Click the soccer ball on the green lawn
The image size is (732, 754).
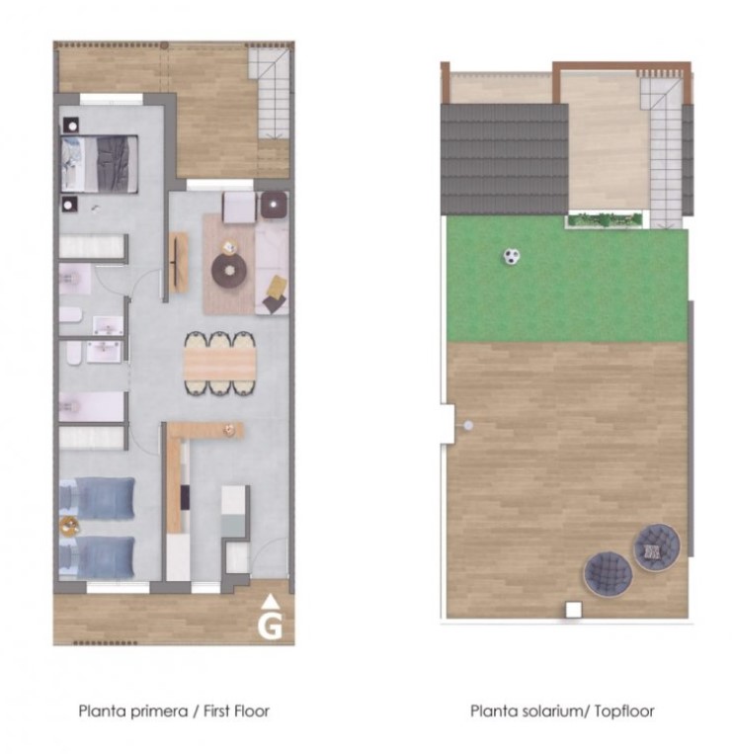[512, 256]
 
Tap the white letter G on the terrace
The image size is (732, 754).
[270, 626]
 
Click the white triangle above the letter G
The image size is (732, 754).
[271, 600]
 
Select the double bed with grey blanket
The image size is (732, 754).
[100, 164]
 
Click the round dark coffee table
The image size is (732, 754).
[229, 270]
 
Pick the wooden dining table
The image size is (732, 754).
[220, 364]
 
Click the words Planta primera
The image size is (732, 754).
[133, 711]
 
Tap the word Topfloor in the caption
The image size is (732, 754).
[624, 711]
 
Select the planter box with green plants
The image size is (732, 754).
[606, 219]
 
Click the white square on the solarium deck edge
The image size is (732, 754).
[573, 610]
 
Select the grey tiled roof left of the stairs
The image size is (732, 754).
[505, 160]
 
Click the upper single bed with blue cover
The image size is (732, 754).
[97, 499]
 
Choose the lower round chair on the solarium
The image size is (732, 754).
[608, 574]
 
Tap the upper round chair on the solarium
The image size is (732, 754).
[657, 547]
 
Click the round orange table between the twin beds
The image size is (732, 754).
[70, 526]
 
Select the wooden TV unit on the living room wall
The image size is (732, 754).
[178, 263]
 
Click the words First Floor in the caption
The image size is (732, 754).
[236, 711]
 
